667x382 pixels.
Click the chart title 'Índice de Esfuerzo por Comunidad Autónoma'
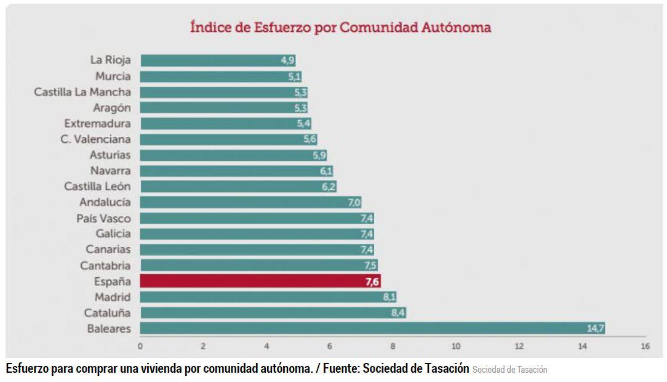pos(340,28)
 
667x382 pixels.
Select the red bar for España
pos(260,282)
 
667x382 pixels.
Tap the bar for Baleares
pos(372,328)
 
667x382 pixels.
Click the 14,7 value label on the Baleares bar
pos(595,328)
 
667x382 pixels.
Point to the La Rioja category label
pos(111,60)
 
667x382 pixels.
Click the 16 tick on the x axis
pos(645,346)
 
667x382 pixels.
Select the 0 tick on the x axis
pos(140,346)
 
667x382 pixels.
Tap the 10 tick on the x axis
pos(455,346)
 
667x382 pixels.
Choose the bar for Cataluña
pos(273,313)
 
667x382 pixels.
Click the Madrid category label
pos(113,297)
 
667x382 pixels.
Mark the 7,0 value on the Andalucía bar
pos(354,203)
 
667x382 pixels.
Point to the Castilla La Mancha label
pos(82,92)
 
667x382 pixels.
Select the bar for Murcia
pos(220,76)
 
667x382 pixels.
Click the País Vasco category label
pos(103,218)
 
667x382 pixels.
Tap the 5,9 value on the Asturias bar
pos(319,155)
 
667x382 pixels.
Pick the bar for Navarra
pos(236,171)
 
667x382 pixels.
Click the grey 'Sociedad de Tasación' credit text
pos(509,370)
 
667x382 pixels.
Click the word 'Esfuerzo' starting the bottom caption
pos(28,369)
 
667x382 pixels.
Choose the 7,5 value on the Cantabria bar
pos(369,266)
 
